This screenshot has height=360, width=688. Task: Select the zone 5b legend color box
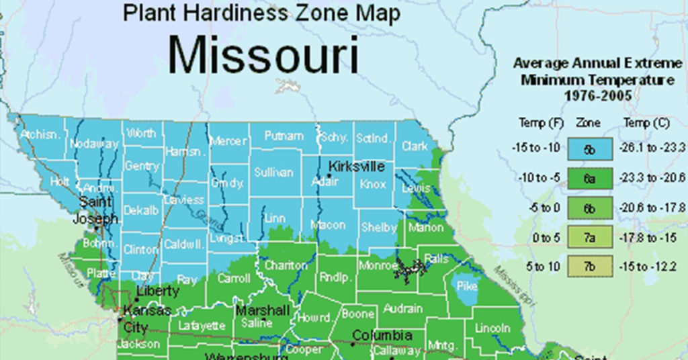click(x=589, y=148)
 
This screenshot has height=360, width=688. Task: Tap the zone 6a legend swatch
click(x=589, y=177)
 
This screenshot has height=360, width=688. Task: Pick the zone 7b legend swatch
click(x=589, y=267)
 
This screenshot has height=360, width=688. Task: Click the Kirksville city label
click(x=356, y=166)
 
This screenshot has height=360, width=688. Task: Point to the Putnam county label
click(x=284, y=136)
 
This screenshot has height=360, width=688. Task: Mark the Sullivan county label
click(x=273, y=173)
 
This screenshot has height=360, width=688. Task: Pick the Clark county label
click(x=415, y=146)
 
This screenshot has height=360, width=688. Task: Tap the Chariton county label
click(x=286, y=266)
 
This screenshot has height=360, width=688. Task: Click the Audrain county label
click(x=403, y=309)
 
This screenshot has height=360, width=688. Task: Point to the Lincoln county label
click(x=492, y=328)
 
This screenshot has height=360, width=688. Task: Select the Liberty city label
click(x=158, y=291)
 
